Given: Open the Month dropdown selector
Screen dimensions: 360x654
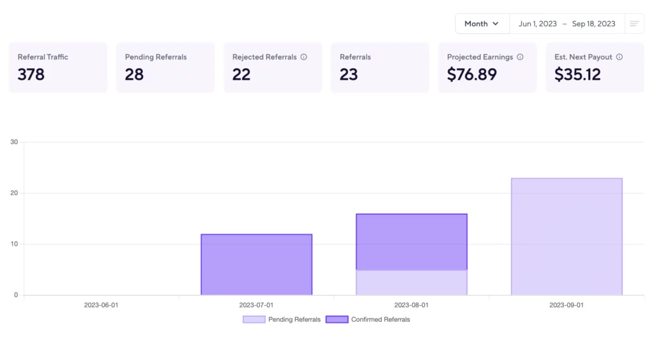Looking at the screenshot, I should click(482, 24).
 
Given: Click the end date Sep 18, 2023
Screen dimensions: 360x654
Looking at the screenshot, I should click(593, 24).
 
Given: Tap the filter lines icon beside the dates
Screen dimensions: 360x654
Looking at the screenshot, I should click(634, 24).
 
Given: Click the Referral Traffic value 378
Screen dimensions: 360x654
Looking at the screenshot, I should click(31, 75).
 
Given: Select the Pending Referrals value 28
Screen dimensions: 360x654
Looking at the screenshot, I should click(134, 75).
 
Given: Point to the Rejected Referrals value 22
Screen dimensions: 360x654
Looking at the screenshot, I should click(241, 75).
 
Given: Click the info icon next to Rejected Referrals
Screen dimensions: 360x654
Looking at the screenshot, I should click(304, 57).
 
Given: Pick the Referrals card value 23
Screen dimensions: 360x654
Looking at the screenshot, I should click(349, 75).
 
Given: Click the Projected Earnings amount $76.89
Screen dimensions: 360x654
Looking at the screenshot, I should click(471, 75).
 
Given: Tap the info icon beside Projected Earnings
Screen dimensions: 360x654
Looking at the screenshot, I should click(520, 57).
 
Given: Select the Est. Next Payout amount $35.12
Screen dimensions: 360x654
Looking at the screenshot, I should click(577, 75).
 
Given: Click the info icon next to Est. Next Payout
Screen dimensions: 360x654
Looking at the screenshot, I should click(620, 57).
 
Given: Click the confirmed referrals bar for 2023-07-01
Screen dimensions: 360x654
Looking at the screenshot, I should click(256, 265).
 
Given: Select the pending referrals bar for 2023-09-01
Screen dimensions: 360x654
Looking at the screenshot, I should click(567, 236).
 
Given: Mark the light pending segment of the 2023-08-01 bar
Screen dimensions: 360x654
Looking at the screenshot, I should click(411, 283).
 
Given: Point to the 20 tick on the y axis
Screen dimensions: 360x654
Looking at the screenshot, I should click(14, 193).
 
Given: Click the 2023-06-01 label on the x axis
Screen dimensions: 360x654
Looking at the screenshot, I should click(101, 305).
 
